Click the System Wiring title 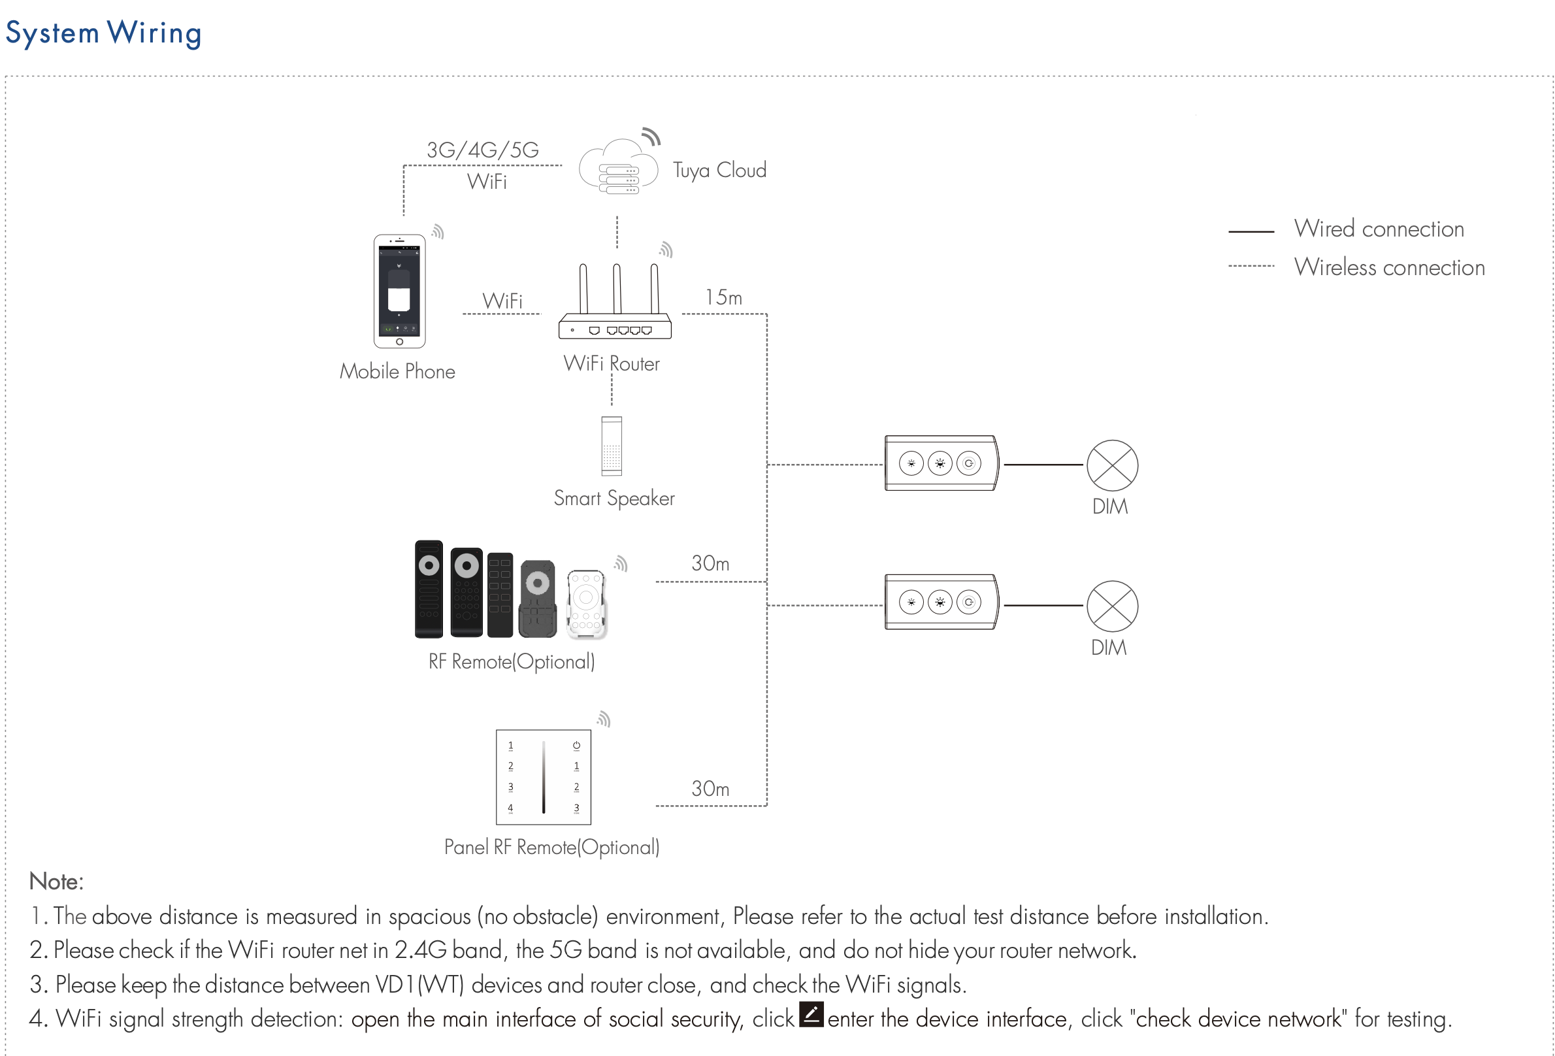(x=103, y=33)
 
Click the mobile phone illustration (x=399, y=291)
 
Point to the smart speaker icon (x=612, y=446)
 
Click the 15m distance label (x=723, y=297)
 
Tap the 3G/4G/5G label (x=482, y=150)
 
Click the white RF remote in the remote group (x=586, y=604)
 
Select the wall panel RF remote (x=544, y=777)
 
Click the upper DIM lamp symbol (x=1112, y=465)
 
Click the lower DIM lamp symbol (x=1112, y=606)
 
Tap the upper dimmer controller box (x=941, y=463)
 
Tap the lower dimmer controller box (x=941, y=602)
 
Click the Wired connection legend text (x=1379, y=229)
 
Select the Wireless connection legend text (x=1389, y=268)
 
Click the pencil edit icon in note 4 (x=811, y=1015)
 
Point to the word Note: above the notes (x=56, y=882)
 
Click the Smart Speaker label (x=614, y=499)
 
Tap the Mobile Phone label (x=397, y=371)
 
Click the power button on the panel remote (x=576, y=745)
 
